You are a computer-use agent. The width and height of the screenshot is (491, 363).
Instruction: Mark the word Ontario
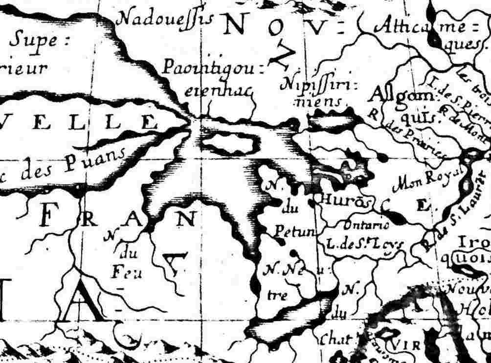[366, 226]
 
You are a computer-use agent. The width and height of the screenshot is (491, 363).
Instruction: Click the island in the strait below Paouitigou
[228, 143]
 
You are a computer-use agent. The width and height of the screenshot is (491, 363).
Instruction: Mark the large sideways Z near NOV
[280, 58]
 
